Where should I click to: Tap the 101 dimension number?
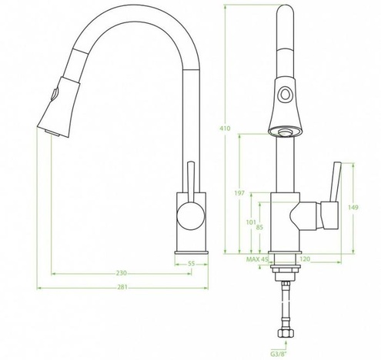pos(249,222)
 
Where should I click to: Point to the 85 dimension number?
pos(259,228)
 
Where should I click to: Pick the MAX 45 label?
pos(258,259)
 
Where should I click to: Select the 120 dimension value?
pos(306,259)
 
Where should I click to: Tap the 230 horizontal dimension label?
pos(121,273)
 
